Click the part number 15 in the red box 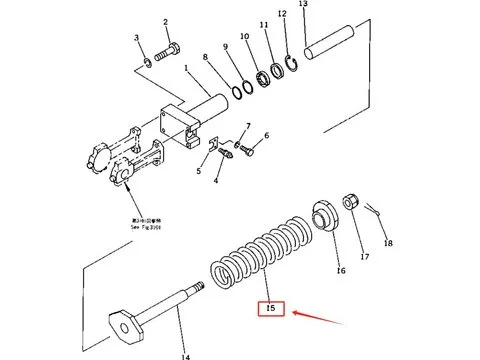pos(271,309)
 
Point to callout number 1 pos(186,68)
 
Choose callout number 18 pos(388,243)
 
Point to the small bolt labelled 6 pos(247,151)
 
